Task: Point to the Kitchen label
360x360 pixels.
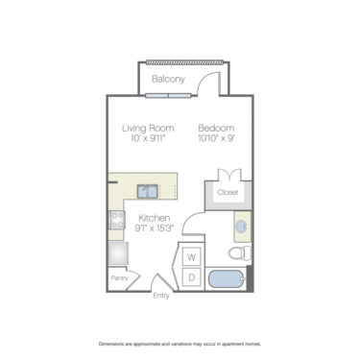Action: pos(154,217)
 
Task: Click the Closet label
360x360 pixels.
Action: pos(228,191)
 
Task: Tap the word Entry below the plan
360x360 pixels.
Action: pos(161,295)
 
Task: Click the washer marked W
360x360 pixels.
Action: pos(191,257)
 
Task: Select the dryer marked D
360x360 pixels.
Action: pos(191,277)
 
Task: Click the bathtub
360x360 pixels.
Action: pos(228,280)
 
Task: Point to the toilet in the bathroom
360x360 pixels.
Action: pos(240,253)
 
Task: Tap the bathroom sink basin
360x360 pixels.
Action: pos(242,226)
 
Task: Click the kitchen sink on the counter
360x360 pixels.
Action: pos(148,190)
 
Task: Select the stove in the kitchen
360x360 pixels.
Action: pos(117,224)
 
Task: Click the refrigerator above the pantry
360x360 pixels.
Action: pos(118,253)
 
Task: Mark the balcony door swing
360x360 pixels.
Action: pos(204,84)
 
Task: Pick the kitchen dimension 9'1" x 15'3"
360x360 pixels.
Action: pos(154,228)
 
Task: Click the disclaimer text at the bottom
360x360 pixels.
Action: pos(180,343)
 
